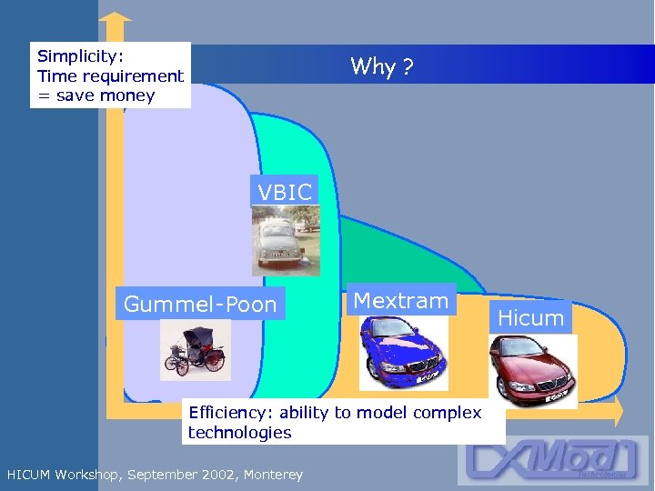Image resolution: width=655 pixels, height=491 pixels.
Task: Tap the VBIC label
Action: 285,192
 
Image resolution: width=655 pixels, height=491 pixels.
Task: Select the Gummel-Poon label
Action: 200,305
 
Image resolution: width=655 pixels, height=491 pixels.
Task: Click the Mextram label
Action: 401,301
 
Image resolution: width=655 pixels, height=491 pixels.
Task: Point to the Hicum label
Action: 531,317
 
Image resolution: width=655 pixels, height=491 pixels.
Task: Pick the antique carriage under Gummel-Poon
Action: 195,350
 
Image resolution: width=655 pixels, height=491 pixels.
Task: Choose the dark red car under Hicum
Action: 531,369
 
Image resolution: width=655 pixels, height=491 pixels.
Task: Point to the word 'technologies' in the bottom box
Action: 239,433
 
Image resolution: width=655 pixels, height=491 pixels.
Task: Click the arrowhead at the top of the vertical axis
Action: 115,16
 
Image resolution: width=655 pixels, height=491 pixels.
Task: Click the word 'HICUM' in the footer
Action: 28,475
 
